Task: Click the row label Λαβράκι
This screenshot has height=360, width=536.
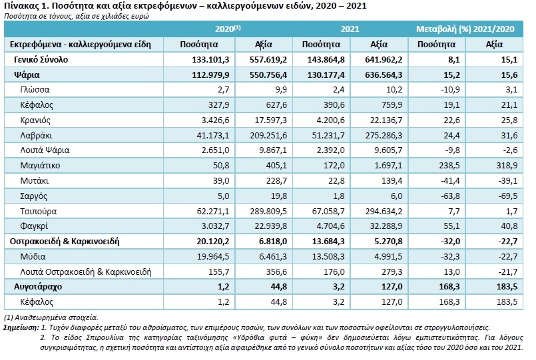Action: [36, 136]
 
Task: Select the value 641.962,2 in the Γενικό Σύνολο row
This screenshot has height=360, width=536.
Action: [384, 60]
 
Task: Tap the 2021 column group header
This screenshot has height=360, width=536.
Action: [350, 29]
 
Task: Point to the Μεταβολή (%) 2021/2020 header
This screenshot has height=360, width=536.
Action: [465, 29]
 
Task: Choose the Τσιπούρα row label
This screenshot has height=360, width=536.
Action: [39, 212]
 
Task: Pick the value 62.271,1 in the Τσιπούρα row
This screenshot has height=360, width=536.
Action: [213, 212]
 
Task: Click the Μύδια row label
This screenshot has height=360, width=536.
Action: [33, 256]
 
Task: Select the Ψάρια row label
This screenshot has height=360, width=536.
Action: [27, 75]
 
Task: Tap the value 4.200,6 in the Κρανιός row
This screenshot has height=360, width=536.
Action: [328, 120]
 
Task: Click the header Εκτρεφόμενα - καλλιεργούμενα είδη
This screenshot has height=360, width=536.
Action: [81, 45]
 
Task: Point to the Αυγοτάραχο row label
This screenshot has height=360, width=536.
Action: [38, 287]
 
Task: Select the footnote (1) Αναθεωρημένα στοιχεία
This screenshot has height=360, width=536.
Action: [51, 317]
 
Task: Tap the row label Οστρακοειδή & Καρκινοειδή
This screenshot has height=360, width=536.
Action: [65, 242]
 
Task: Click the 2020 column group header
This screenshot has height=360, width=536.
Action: [228, 29]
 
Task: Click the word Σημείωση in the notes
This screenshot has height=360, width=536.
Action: [21, 327]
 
